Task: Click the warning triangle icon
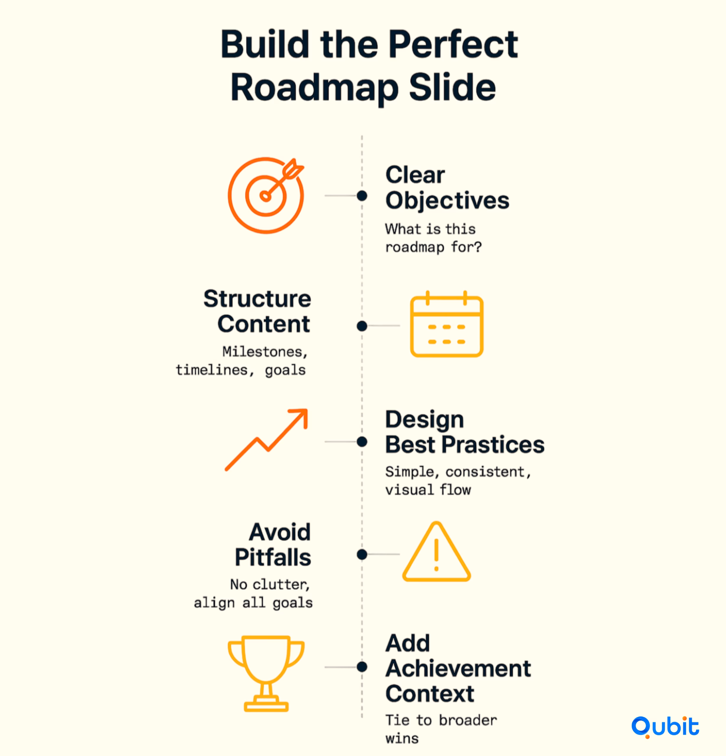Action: coord(436,579)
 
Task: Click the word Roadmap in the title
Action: coord(314,88)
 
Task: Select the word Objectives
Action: coord(447,201)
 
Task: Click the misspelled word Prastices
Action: coord(493,444)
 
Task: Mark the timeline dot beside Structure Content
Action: coord(362,326)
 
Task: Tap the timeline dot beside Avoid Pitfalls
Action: coord(362,554)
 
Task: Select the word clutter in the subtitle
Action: coord(281,584)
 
